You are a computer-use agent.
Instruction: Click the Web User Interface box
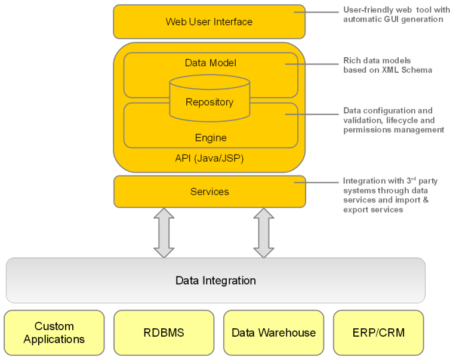(x=209, y=22)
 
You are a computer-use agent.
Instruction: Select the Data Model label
(x=210, y=63)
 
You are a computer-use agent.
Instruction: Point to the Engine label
(x=211, y=138)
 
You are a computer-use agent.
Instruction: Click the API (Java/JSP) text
(x=209, y=159)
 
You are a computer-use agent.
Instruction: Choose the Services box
(x=209, y=192)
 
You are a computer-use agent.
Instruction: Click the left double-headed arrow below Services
(x=164, y=233)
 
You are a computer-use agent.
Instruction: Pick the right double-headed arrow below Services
(x=263, y=233)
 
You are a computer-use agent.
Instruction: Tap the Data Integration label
(x=215, y=281)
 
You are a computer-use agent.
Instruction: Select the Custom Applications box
(x=54, y=333)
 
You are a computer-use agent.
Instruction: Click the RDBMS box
(x=164, y=333)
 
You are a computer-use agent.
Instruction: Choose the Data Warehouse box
(x=273, y=333)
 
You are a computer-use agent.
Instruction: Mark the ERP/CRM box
(x=378, y=333)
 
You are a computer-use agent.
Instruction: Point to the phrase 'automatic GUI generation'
(x=393, y=19)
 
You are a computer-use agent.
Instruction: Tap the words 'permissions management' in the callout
(x=393, y=130)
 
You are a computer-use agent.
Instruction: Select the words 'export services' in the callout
(x=373, y=210)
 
